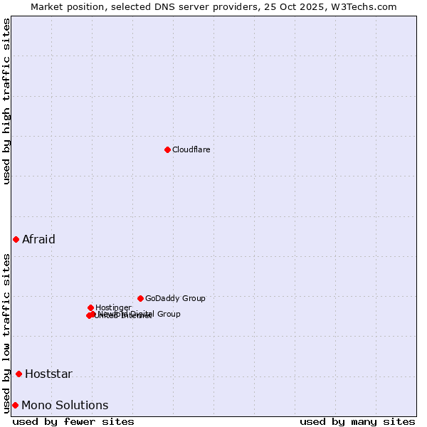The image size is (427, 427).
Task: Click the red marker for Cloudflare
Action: click(x=167, y=149)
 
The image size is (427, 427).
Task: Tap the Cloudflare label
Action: click(x=191, y=149)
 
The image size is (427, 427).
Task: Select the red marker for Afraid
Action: click(x=16, y=239)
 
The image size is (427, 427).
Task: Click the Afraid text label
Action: click(x=38, y=239)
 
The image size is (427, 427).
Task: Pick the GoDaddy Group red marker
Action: click(x=140, y=298)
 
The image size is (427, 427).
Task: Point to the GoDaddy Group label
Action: click(x=175, y=298)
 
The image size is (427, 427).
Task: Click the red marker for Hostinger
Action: click(x=90, y=307)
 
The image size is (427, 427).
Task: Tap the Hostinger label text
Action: click(x=113, y=307)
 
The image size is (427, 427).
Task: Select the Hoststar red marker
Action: click(x=19, y=374)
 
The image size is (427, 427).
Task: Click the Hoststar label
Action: click(x=48, y=374)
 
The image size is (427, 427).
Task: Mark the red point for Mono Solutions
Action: click(x=15, y=405)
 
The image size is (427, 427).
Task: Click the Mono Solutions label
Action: click(x=65, y=405)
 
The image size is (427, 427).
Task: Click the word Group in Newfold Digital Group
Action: click(x=169, y=314)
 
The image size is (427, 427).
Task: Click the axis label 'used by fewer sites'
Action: click(x=73, y=421)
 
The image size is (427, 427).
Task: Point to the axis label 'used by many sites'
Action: click(x=357, y=421)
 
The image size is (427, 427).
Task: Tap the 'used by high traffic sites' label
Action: click(x=6, y=101)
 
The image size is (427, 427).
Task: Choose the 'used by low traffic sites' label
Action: click(x=6, y=332)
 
